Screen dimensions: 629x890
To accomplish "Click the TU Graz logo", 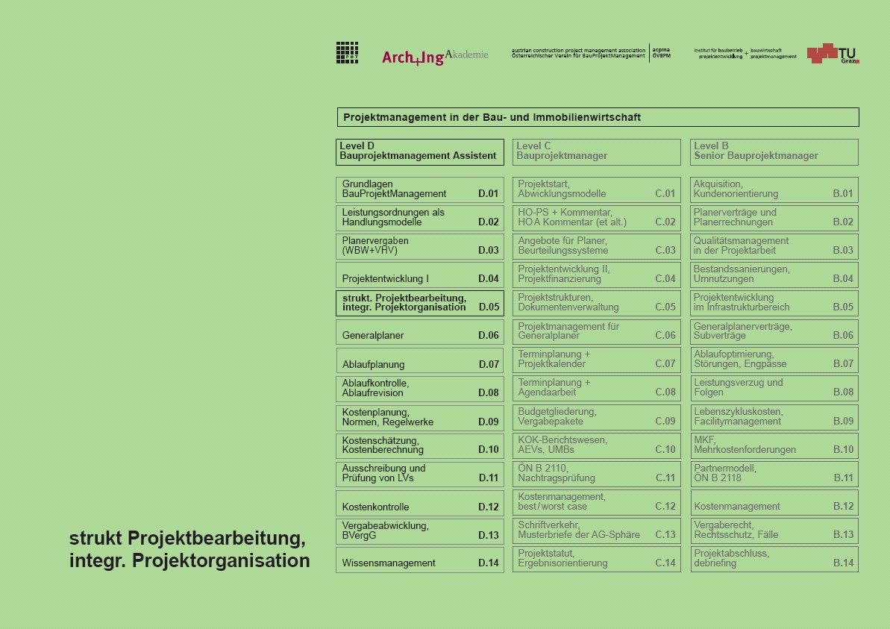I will pyautogui.click(x=833, y=53).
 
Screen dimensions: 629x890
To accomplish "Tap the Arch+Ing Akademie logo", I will pyautogui.click(x=435, y=57).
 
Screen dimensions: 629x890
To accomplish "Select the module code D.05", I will pyautogui.click(x=489, y=307).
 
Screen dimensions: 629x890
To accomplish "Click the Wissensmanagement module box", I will pyautogui.click(x=420, y=560).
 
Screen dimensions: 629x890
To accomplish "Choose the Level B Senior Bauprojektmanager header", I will pyautogui.click(x=774, y=151).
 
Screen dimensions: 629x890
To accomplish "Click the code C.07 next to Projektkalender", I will pyautogui.click(x=665, y=364).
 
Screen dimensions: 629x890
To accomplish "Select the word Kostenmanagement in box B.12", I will pyautogui.click(x=737, y=507).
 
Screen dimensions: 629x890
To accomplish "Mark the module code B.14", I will pyautogui.click(x=843, y=563).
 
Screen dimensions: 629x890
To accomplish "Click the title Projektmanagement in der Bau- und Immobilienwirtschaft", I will pyautogui.click(x=492, y=117).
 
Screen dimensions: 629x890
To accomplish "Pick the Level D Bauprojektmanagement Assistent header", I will pyautogui.click(x=420, y=151).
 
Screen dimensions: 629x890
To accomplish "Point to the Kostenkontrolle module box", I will pyautogui.click(x=420, y=503).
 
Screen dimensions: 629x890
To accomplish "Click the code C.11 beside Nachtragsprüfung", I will pyautogui.click(x=665, y=478).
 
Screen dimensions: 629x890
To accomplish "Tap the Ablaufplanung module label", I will pyautogui.click(x=373, y=365).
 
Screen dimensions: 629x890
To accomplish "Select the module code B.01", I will pyautogui.click(x=843, y=194).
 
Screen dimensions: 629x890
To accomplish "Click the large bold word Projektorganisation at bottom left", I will pyautogui.click(x=221, y=560).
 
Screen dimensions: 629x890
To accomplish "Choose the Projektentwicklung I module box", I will pyautogui.click(x=420, y=275).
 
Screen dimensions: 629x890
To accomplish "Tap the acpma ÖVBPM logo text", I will pyautogui.click(x=661, y=53).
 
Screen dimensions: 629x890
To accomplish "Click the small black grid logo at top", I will pyautogui.click(x=347, y=52).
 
